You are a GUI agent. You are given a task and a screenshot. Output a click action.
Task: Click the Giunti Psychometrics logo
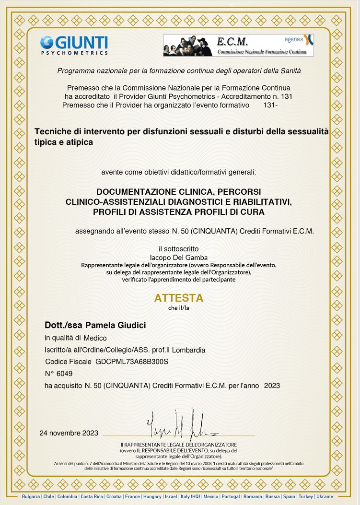pyautogui.click(x=74, y=45)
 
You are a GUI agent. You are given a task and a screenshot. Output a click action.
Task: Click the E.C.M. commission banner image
pyautogui.click(x=238, y=46)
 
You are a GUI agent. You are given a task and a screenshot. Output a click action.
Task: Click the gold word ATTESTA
pyautogui.click(x=179, y=298)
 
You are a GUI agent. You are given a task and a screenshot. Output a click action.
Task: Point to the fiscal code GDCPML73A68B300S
pyautogui.click(x=132, y=362)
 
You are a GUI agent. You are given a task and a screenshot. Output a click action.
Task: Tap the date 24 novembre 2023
pyautogui.click(x=69, y=433)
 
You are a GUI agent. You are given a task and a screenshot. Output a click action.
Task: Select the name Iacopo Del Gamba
pyautogui.click(x=179, y=258)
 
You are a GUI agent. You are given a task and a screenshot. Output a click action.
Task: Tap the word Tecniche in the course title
pyautogui.click(x=53, y=131)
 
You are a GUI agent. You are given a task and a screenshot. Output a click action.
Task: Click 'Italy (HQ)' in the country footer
pyautogui.click(x=190, y=496)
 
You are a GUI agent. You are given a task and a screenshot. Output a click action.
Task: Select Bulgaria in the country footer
pyautogui.click(x=31, y=496)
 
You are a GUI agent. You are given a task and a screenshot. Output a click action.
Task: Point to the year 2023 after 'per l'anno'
pyautogui.click(x=272, y=386)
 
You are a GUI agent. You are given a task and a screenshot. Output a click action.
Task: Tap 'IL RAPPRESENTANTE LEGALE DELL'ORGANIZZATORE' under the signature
pyautogui.click(x=179, y=445)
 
